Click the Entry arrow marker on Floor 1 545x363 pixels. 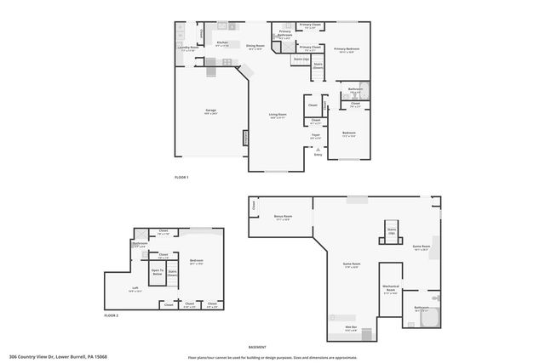click(318, 150)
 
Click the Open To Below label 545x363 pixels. click(158, 273)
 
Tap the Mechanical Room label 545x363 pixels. click(391, 287)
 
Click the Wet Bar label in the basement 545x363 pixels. click(350, 327)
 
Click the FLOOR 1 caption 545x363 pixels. click(181, 177)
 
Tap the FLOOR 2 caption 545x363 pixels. click(112, 315)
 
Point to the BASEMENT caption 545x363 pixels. click(257, 346)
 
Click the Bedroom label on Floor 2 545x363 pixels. click(197, 262)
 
